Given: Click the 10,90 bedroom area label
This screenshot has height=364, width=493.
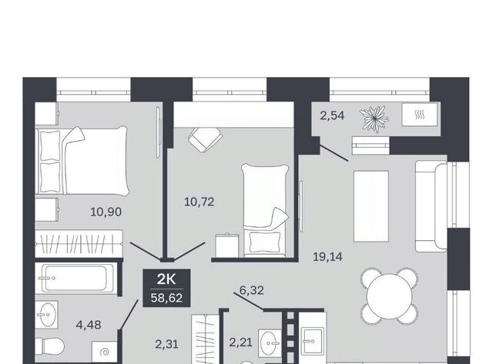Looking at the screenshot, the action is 106,212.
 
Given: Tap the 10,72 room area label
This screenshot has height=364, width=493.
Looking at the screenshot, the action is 199,202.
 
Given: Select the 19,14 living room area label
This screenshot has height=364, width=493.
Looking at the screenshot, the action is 327,257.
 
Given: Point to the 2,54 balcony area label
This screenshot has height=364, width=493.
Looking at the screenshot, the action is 332,115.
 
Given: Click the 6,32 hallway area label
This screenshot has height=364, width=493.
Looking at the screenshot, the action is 252,290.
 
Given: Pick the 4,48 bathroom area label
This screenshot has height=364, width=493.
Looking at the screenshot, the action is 89,325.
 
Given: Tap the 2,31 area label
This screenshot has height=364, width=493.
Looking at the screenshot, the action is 166,344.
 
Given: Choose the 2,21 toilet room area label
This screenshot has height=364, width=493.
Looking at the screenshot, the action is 240,342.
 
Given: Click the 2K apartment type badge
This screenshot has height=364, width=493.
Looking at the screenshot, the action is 166,279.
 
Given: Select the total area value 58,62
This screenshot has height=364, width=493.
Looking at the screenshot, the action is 166,297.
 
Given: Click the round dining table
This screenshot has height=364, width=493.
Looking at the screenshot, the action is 389,296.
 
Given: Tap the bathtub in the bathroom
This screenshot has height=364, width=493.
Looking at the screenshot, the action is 75,279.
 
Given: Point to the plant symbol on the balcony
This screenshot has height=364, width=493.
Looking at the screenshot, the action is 374,119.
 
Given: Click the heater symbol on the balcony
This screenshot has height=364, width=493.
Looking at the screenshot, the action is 419,115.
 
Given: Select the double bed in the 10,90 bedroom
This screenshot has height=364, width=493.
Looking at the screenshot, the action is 82,160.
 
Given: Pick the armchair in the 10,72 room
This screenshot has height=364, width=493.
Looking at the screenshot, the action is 204,139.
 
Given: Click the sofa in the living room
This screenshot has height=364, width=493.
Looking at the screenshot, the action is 431,206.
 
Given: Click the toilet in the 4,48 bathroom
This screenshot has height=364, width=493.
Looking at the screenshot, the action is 49,347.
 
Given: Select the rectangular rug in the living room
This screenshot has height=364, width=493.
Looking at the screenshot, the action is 371,206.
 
